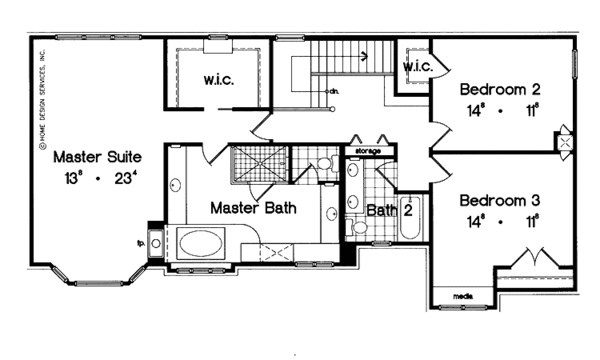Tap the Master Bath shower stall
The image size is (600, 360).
click(258, 163)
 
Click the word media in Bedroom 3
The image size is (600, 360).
click(462, 297)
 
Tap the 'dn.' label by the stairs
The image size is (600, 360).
click(332, 92)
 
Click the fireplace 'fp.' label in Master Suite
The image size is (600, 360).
click(139, 241)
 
